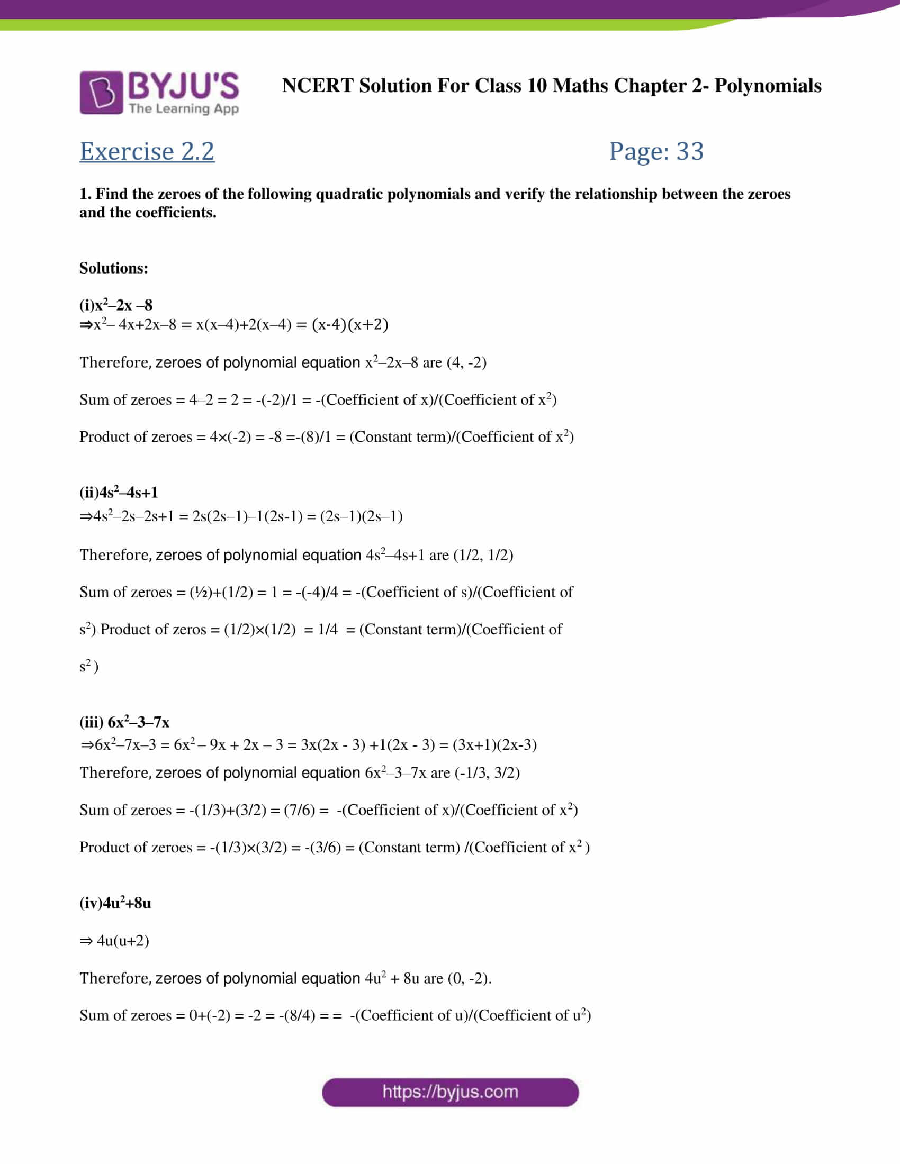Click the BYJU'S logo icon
[101, 92]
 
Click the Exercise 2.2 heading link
[147, 151]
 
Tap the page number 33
[690, 151]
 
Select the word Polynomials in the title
[768, 85]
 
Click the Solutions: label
[114, 268]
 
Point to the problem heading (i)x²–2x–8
[116, 305]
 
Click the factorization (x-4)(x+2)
[350, 324]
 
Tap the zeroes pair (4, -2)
[466, 362]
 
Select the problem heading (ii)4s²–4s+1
[119, 492]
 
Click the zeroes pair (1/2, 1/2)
[483, 555]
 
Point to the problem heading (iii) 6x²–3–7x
[124, 722]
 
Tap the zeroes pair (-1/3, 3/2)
[487, 772]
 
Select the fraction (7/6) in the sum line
[299, 810]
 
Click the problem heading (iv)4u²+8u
[115, 903]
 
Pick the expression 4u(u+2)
[123, 940]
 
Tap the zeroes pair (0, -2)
[469, 978]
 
